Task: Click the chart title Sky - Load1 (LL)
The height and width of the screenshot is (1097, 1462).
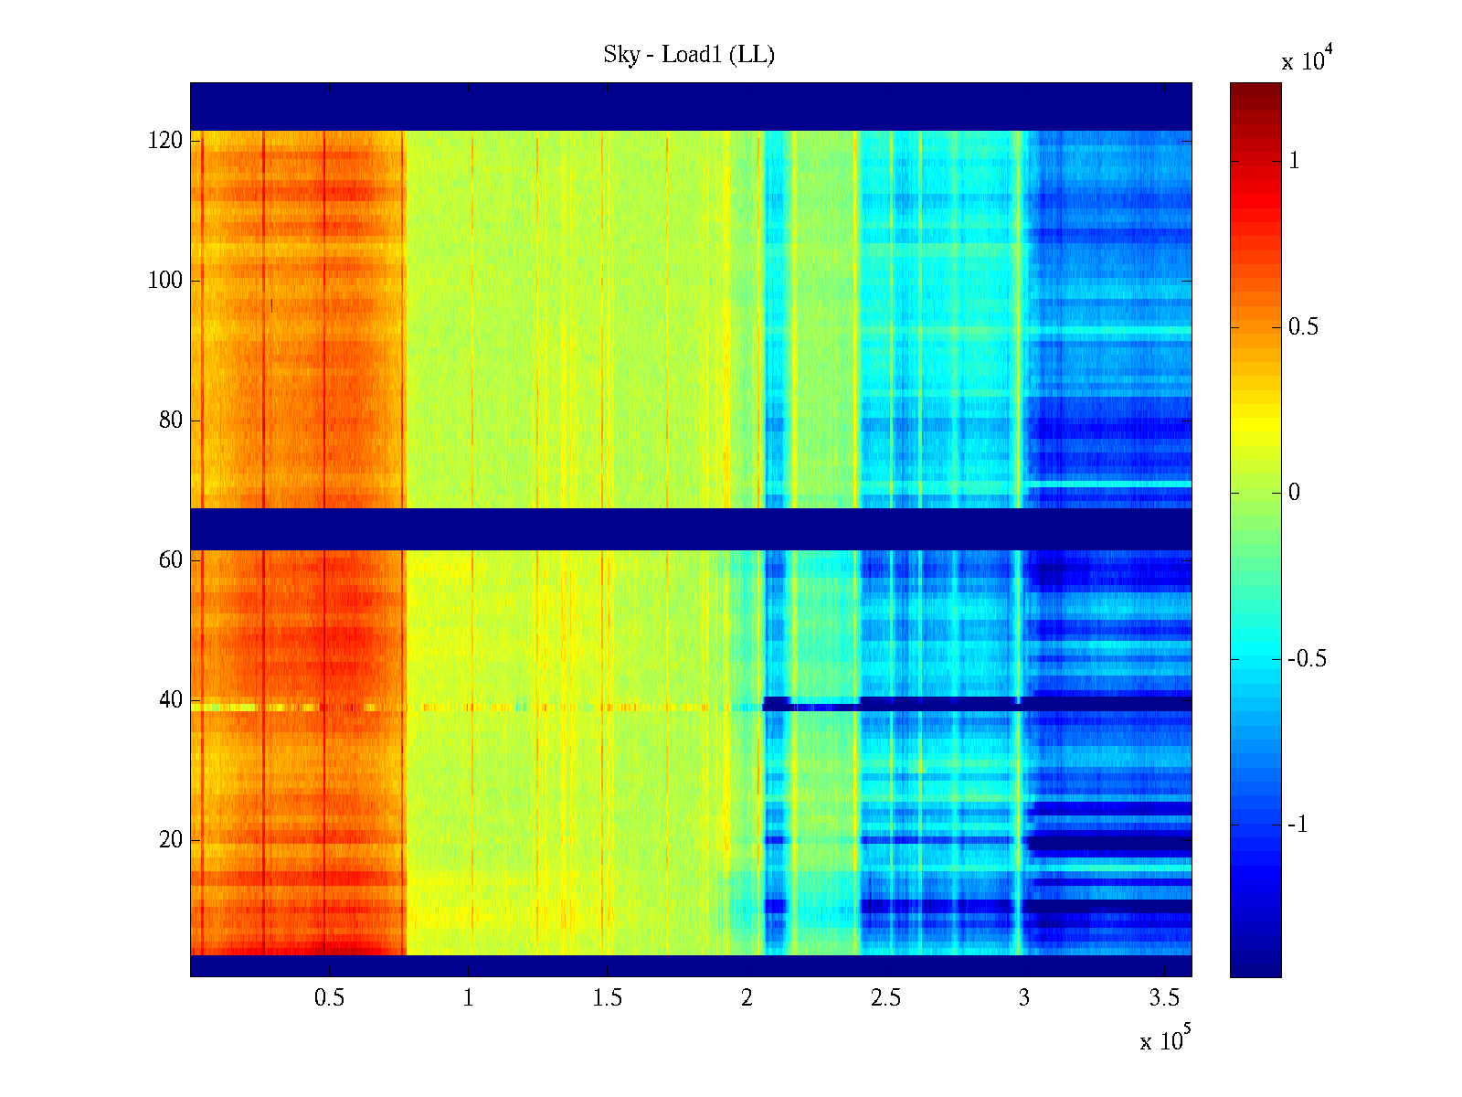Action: click(x=689, y=55)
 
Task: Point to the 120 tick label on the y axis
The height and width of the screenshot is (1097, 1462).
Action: click(x=165, y=141)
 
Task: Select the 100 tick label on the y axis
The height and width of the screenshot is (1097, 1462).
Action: click(x=165, y=281)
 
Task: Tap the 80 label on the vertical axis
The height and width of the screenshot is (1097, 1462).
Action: click(x=171, y=421)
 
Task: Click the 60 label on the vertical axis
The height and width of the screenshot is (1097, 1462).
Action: click(x=171, y=560)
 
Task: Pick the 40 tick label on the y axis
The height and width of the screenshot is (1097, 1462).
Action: click(x=171, y=700)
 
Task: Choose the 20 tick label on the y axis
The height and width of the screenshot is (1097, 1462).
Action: click(x=171, y=840)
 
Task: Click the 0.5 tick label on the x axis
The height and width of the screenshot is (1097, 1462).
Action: click(x=329, y=998)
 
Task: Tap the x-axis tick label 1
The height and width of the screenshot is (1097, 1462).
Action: click(x=469, y=998)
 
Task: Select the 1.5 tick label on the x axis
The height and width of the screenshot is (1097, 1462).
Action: click(x=608, y=998)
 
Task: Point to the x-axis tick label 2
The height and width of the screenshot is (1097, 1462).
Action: click(x=747, y=998)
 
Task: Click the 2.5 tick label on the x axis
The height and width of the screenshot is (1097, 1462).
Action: click(x=885, y=998)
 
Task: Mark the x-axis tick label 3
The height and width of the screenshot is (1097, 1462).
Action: click(x=1024, y=998)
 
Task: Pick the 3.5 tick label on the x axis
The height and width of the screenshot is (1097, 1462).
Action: click(x=1164, y=998)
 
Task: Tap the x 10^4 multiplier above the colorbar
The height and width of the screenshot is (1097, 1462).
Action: click(x=1308, y=60)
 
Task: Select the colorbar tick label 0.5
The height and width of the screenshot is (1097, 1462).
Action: click(x=1303, y=327)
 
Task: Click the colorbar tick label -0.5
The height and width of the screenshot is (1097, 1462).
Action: click(x=1307, y=659)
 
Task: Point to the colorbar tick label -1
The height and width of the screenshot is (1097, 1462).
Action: click(x=1298, y=825)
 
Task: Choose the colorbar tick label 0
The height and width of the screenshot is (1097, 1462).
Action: click(x=1294, y=493)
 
